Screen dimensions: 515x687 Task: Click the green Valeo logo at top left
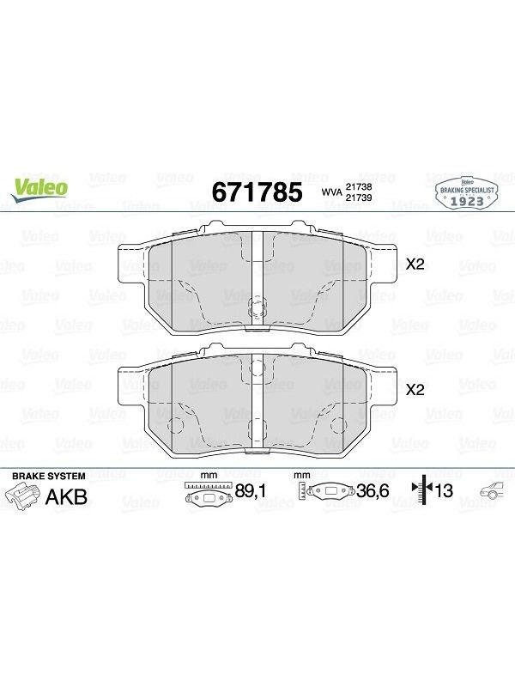[x=39, y=190]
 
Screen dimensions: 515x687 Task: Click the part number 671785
[x=257, y=192]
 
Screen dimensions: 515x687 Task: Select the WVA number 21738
[x=359, y=186]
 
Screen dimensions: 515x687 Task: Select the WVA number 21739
[x=359, y=198]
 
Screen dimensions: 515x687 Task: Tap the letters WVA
[x=332, y=192]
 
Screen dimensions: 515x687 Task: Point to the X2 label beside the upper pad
[x=415, y=264]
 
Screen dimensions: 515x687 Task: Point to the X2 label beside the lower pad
[x=415, y=390]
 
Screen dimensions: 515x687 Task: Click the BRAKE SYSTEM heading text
[x=49, y=477]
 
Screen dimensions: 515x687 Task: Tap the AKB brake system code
[x=67, y=497]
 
